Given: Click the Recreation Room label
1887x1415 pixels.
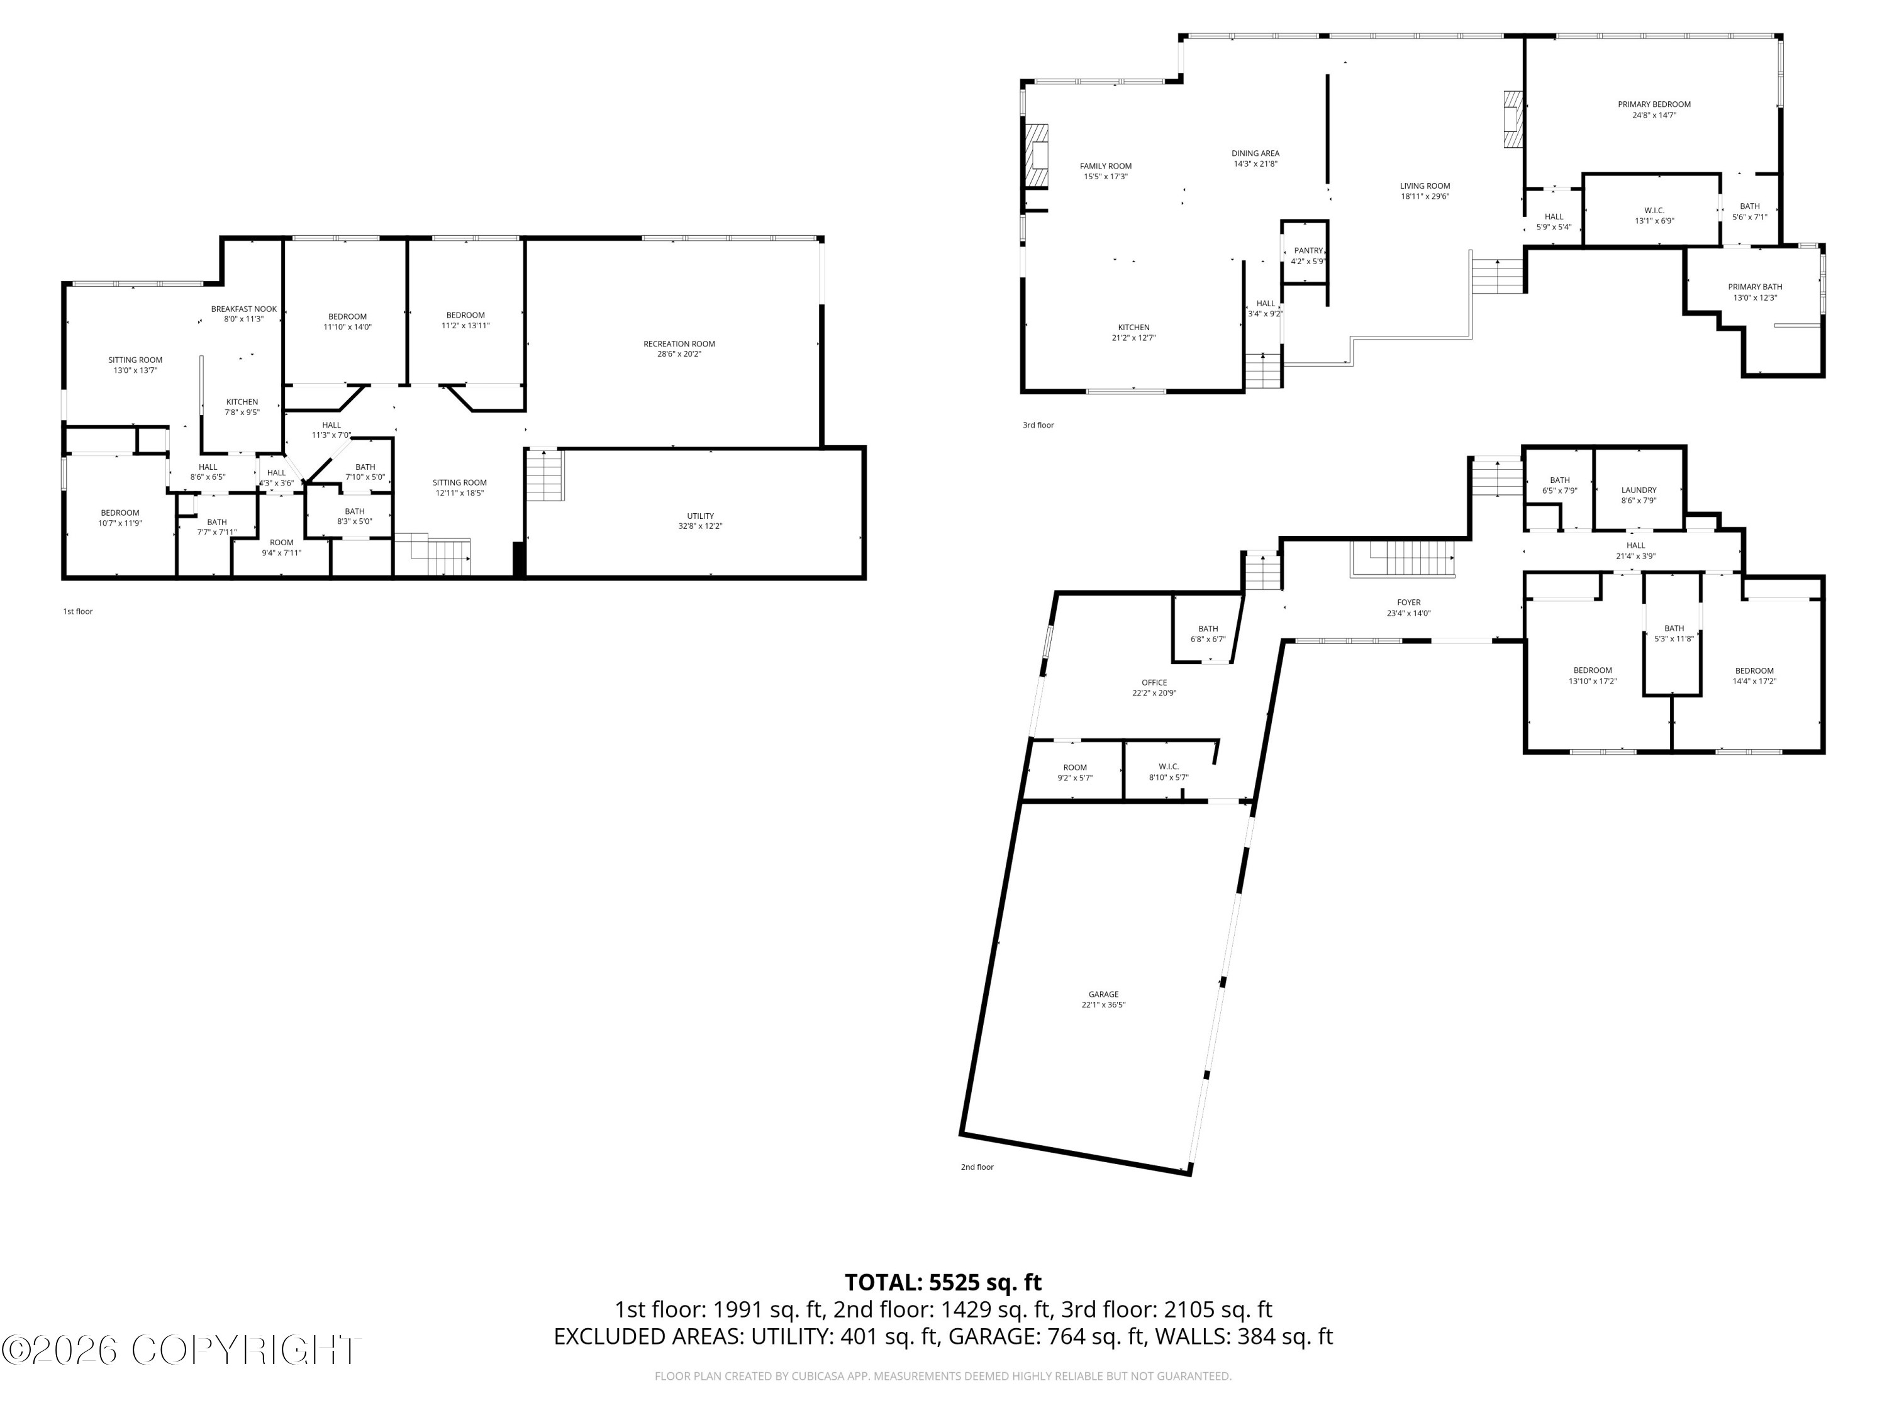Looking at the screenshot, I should [x=679, y=344].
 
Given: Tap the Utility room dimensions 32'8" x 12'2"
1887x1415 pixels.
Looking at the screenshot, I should [x=700, y=526].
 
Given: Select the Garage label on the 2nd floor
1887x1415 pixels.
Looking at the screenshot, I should [x=1103, y=994].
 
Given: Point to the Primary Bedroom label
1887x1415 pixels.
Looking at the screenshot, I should [x=1653, y=104].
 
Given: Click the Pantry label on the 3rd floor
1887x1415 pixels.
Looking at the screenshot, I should [x=1308, y=251].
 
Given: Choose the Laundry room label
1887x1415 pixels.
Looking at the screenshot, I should [x=1638, y=491].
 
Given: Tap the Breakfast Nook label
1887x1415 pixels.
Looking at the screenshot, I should [x=244, y=309].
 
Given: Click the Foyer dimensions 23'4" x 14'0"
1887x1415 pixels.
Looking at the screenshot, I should [x=1408, y=613].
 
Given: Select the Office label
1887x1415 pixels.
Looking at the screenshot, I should [x=1154, y=682].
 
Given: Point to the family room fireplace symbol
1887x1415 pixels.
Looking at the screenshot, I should [x=1037, y=155].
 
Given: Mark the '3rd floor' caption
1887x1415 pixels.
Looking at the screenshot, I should [x=1038, y=425].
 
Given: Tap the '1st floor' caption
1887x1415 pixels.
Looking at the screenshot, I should [x=77, y=611].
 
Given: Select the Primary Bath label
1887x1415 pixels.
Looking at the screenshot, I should [x=1755, y=287].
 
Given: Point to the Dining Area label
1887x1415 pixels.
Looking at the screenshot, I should [x=1255, y=153].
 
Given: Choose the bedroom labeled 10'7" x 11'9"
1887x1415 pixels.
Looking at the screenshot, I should [x=120, y=513].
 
